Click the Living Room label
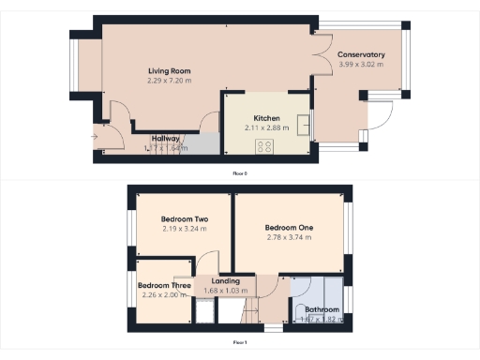pyautogui.click(x=169, y=71)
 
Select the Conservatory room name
pyautogui.click(x=361, y=54)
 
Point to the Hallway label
pyautogui.click(x=165, y=139)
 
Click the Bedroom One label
pyautogui.click(x=288, y=228)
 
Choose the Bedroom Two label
pyautogui.click(x=184, y=219)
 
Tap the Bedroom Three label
pyautogui.click(x=164, y=285)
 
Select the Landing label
pyautogui.click(x=226, y=281)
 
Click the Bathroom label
pyautogui.click(x=320, y=309)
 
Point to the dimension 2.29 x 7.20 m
pyautogui.click(x=169, y=81)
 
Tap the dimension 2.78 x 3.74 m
pyautogui.click(x=288, y=237)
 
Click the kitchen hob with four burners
pyautogui.click(x=265, y=146)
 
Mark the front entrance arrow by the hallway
pyautogui.click(x=94, y=137)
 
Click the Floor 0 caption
pyautogui.click(x=240, y=173)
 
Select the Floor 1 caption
pyautogui.click(x=240, y=342)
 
